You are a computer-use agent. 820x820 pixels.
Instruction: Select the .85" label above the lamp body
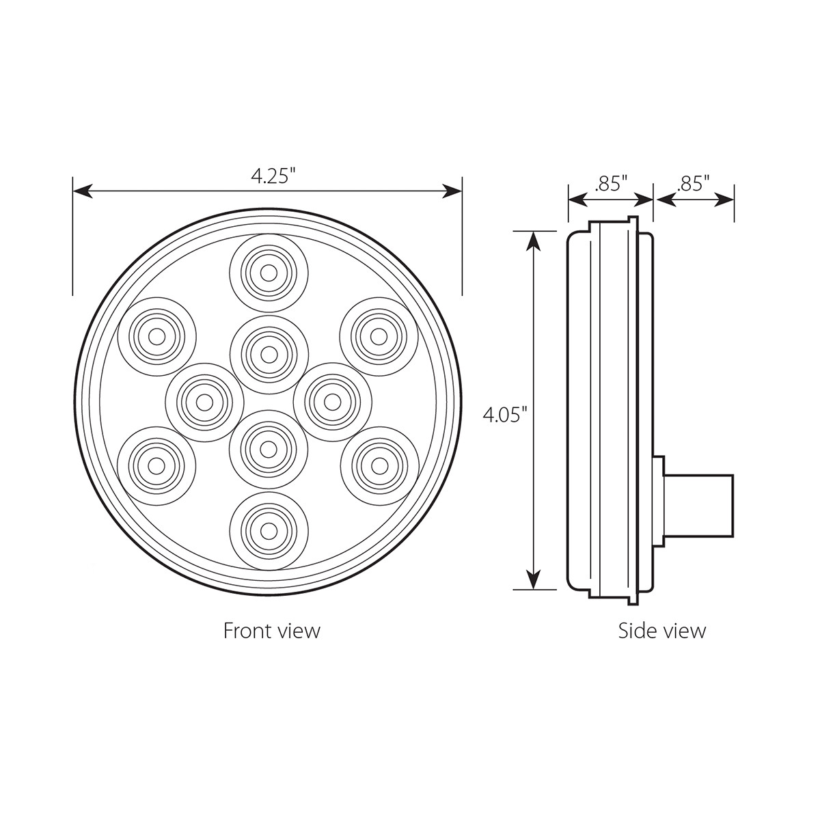[611, 183]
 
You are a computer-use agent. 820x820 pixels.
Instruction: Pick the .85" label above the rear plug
[694, 183]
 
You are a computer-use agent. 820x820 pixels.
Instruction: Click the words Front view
[271, 630]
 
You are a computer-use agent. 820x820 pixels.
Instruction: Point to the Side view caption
[661, 630]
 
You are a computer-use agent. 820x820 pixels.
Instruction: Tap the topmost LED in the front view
[269, 271]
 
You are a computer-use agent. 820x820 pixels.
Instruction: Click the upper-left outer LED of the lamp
[156, 336]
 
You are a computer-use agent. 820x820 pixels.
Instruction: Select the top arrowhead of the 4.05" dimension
[534, 240]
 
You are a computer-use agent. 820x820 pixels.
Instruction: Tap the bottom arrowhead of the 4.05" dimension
[534, 580]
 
